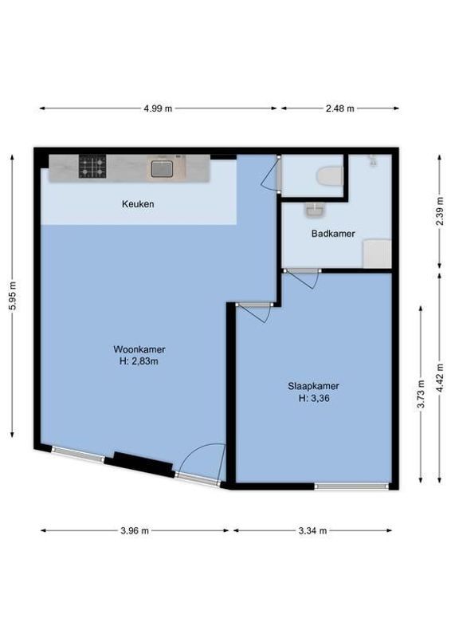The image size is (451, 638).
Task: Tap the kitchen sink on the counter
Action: point(162,168)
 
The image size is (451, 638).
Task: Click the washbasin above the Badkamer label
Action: point(316,210)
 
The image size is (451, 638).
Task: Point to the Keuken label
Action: point(138,204)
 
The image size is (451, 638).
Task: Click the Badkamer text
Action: point(332,234)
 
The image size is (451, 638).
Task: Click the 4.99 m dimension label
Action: point(158,108)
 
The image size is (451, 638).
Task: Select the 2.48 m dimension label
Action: point(339,108)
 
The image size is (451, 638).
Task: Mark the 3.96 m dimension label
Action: point(134,530)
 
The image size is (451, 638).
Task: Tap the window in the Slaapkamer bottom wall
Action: point(351,486)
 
